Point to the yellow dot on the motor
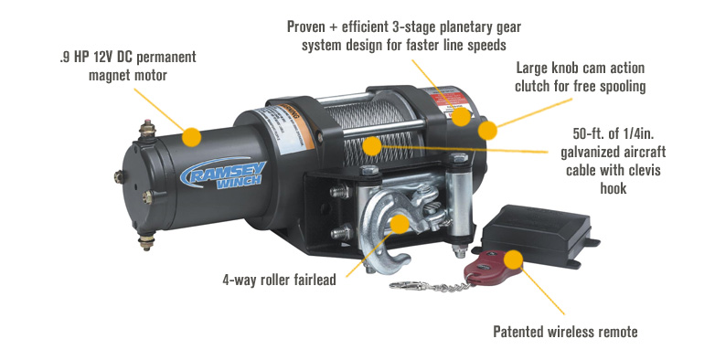pos(191,137)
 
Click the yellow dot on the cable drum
pos(371,144)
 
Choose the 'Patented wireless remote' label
pos(565,332)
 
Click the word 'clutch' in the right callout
pos(541,88)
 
